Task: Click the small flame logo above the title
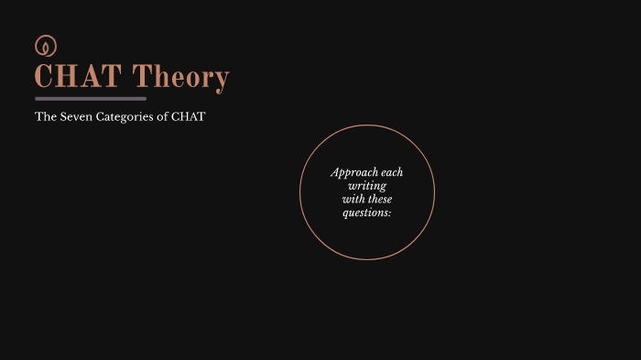coord(46,45)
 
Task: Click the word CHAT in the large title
coord(78,77)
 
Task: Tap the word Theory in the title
coord(180,78)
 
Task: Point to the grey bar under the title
coord(91,98)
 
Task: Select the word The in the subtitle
coord(45,117)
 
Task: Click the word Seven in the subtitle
coord(75,117)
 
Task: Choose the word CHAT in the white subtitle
coord(188,117)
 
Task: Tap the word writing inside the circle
coord(367,186)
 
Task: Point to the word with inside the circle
coord(353,199)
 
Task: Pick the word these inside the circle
coord(380,199)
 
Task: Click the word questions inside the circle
coord(365,213)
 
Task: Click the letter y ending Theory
coord(220,81)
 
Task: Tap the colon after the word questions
coord(389,213)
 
